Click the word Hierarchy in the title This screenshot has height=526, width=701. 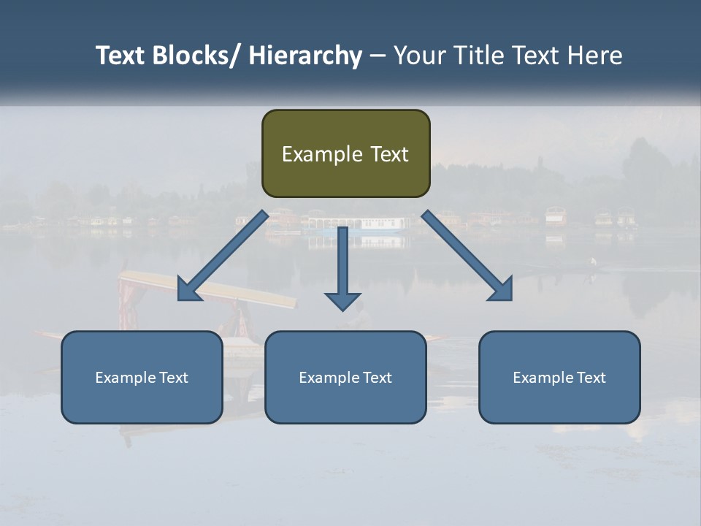pyautogui.click(x=305, y=56)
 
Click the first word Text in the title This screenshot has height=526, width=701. pyautogui.click(x=121, y=56)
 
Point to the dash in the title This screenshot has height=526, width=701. pyautogui.click(x=377, y=56)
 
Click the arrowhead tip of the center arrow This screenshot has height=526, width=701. pyautogui.click(x=342, y=310)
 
